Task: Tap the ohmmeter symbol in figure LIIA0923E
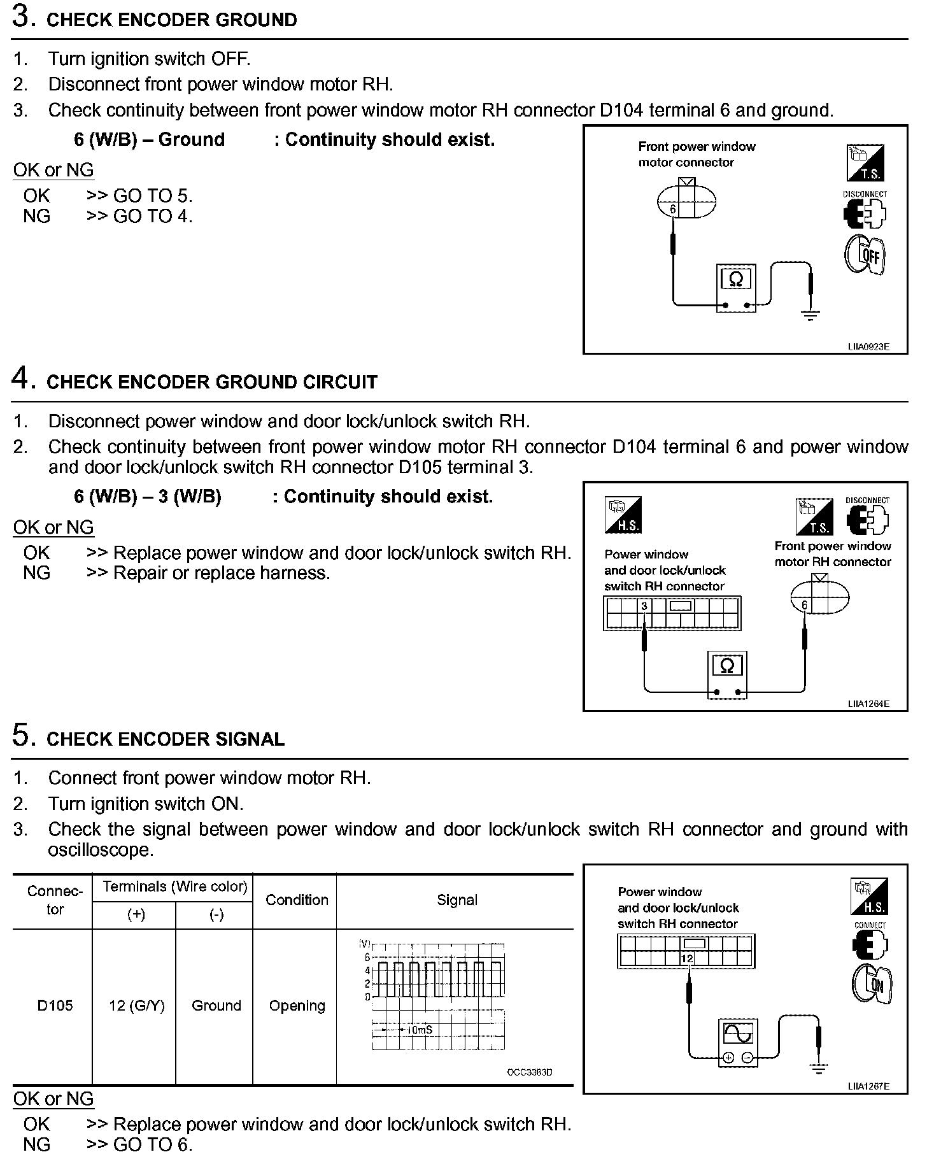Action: [735, 279]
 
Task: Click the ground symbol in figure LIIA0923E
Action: [810, 314]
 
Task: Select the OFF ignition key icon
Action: [865, 255]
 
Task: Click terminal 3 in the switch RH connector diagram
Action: [644, 606]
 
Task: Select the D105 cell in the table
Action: [55, 1006]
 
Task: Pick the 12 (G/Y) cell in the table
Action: [136, 1006]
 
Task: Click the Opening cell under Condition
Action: [297, 1006]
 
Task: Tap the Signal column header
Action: [456, 900]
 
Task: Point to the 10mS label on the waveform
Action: [420, 1029]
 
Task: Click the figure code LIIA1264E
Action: [868, 704]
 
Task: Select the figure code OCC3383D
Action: [529, 1072]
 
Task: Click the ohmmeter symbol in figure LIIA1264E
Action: [726, 666]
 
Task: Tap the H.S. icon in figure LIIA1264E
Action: [623, 515]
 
